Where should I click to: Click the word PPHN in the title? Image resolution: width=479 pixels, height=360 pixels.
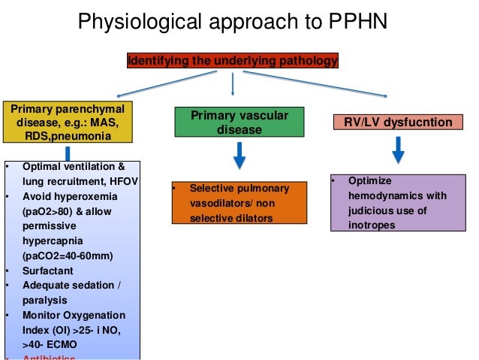[353, 22]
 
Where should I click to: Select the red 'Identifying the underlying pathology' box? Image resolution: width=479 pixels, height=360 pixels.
[232, 59]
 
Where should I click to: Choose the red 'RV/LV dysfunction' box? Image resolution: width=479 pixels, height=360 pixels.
[397, 122]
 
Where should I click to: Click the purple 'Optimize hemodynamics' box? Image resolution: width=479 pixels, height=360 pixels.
[397, 203]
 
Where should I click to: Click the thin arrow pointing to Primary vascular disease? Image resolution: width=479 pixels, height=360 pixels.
[233, 84]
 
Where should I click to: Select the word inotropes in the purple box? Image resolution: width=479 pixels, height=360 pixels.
[369, 225]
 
